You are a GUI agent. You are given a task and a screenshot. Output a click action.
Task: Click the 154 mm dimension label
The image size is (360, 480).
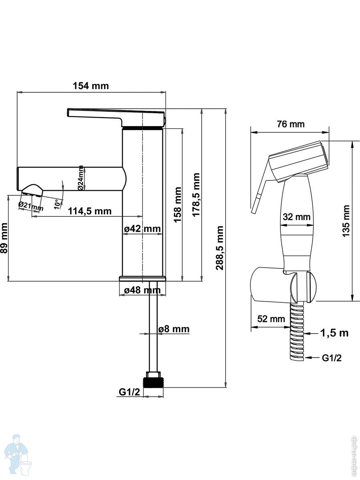[90, 86]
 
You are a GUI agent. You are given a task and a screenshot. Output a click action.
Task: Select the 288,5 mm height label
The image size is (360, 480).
[220, 248]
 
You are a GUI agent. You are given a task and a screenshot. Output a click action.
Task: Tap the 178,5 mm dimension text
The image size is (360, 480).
[196, 195]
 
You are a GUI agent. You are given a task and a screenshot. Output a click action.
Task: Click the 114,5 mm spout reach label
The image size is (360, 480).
[89, 211]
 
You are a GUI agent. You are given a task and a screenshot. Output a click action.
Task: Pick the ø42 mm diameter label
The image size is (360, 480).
[142, 229]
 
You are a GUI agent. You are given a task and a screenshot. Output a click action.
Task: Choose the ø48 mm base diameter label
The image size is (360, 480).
[142, 290]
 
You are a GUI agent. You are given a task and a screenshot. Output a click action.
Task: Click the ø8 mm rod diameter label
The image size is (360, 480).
[174, 329]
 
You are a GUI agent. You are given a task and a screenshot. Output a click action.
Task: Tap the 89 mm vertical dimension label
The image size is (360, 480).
[4, 243]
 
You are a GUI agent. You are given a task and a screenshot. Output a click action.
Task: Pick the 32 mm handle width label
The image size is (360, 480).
[297, 217]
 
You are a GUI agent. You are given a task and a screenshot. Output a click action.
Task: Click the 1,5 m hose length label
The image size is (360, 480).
[334, 332]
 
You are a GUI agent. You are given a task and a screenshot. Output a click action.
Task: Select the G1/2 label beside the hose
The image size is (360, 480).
[332, 357]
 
